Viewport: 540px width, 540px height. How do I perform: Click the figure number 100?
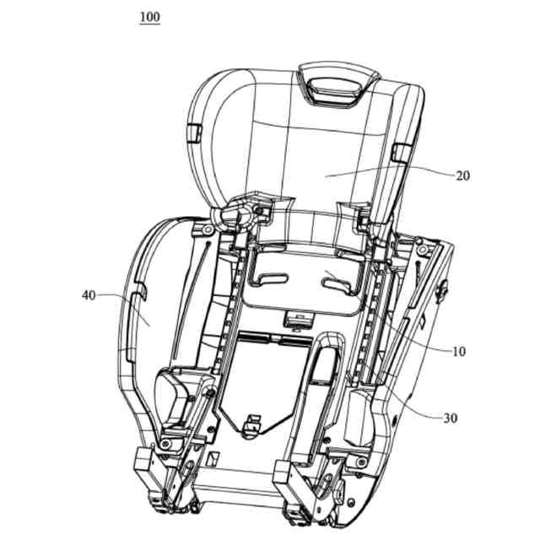pyautogui.click(x=149, y=17)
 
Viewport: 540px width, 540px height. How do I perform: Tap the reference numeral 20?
pyautogui.click(x=462, y=175)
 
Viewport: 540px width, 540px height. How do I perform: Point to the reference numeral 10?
pyautogui.click(x=460, y=351)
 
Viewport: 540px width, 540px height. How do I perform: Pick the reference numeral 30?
pyautogui.click(x=451, y=418)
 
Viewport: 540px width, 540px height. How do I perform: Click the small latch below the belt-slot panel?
pyautogui.click(x=298, y=318)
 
